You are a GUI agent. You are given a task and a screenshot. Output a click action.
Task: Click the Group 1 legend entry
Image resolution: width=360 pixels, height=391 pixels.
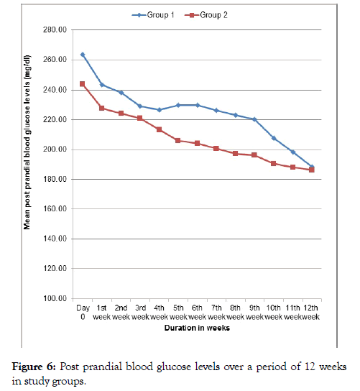pos(153,15)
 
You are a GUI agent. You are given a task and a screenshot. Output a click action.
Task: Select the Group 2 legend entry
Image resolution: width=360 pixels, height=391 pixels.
pos(206,15)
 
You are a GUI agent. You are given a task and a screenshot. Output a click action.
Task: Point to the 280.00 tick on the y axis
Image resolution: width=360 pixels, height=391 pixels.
pos(55,29)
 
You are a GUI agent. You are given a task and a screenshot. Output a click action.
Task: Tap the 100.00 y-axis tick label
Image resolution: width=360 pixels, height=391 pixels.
pos(55,298)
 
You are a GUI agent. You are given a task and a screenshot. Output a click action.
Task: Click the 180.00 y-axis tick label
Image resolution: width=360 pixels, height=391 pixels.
pos(55,179)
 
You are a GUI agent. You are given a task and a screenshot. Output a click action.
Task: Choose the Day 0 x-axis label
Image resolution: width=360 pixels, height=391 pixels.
pos(83,312)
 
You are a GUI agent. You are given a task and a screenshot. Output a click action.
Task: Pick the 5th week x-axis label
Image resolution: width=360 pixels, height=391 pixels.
pos(178,312)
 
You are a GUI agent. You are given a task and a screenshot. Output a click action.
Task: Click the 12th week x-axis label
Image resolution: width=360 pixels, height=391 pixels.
pos(311,312)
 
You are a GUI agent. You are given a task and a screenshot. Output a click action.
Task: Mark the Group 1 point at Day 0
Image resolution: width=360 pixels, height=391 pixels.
pos(83,55)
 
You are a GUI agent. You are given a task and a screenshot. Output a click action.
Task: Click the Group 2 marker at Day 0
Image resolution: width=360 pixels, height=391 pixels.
pos(82,84)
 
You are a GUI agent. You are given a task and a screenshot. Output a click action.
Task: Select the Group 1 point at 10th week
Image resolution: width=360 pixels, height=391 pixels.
pos(274,138)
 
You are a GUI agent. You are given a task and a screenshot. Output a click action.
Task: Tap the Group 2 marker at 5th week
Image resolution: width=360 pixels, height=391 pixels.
pos(177,141)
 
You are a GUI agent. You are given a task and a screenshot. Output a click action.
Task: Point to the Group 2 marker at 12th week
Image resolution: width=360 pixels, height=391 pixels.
pos(312,170)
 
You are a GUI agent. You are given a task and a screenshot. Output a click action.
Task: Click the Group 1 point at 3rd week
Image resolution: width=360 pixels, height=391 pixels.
pos(140,106)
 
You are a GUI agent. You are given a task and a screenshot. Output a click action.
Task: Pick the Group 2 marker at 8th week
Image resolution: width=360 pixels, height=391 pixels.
pos(235,153)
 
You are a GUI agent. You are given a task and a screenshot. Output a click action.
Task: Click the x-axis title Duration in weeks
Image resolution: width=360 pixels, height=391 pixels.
pos(197,328)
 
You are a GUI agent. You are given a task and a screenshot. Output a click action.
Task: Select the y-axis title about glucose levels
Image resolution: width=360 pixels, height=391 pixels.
pos(27,142)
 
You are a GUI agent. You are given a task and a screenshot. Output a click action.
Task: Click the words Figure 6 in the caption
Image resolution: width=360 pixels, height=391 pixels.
pos(34,367)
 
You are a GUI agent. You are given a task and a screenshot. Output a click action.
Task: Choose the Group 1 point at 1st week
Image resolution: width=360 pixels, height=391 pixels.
pos(102,85)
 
